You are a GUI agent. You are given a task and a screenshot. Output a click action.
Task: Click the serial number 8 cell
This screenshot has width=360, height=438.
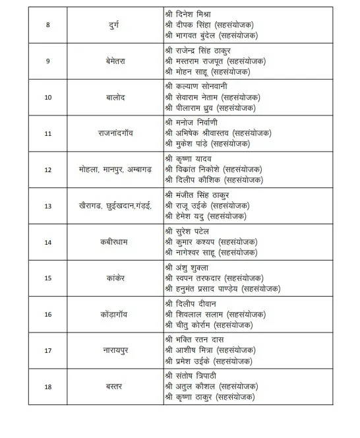click(x=47, y=24)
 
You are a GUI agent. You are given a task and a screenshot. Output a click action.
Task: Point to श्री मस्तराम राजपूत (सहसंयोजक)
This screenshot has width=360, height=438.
click(x=216, y=61)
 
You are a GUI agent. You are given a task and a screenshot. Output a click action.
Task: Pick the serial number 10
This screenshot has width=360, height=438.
click(x=47, y=97)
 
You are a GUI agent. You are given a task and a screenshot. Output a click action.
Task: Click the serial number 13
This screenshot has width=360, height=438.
click(x=47, y=206)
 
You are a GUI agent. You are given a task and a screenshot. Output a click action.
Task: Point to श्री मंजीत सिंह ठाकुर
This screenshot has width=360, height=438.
click(x=197, y=195)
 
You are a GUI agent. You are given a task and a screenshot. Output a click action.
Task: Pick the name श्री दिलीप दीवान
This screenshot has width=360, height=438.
click(x=193, y=303)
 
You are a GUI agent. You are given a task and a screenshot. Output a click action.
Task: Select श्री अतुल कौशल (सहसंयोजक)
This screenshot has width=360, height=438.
click(x=212, y=387)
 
